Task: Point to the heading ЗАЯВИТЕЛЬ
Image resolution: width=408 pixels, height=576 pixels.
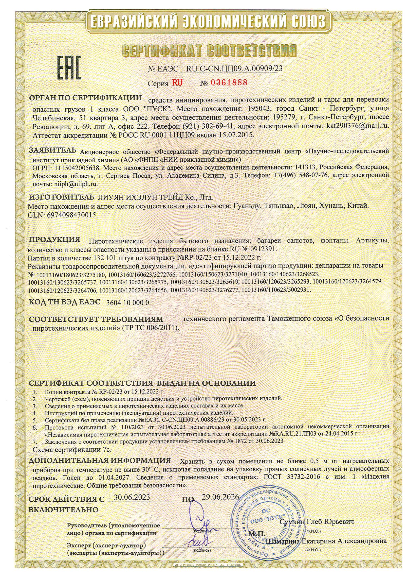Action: point(53,151)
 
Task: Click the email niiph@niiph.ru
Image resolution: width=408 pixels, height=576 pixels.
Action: point(76,184)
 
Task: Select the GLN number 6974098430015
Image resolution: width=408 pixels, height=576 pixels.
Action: point(71,215)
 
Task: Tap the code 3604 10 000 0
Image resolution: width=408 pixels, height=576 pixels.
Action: point(128,303)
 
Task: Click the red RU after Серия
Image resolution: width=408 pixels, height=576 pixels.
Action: point(177,83)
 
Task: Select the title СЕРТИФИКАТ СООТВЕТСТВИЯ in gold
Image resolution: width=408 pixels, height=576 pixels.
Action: point(209,51)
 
